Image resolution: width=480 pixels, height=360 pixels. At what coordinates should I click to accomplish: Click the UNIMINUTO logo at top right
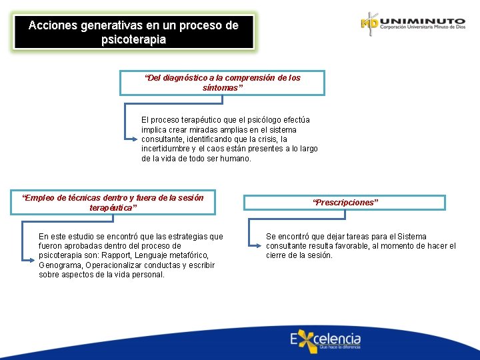tap(413, 23)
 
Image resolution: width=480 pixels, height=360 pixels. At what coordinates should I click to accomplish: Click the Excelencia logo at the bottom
tap(325, 340)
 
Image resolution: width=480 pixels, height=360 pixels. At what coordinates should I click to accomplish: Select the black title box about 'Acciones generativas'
tap(133, 32)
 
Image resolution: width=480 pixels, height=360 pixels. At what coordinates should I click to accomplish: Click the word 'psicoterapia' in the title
tap(133, 39)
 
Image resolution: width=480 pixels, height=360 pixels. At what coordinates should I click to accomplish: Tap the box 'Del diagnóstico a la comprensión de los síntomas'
tap(222, 83)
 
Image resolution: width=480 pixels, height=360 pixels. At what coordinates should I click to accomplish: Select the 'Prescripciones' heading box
tap(344, 202)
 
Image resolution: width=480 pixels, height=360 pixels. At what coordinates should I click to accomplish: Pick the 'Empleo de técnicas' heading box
tap(113, 202)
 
